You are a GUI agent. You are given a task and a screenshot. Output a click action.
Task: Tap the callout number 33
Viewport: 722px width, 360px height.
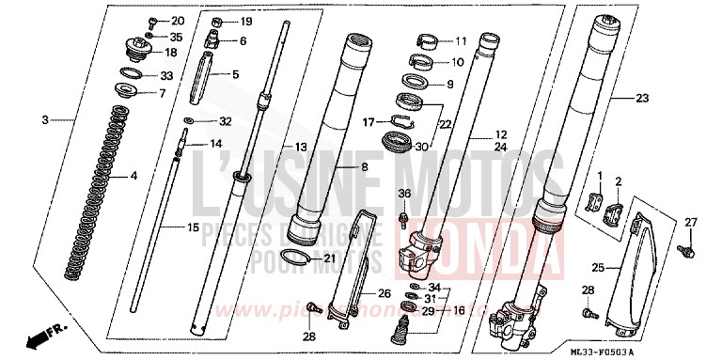[166, 75]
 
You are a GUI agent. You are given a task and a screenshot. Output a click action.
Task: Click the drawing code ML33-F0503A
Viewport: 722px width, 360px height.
[665, 351]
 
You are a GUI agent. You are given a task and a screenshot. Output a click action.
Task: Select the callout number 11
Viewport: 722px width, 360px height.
[460, 42]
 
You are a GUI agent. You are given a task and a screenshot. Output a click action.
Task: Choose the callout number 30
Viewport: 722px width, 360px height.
[420, 147]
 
